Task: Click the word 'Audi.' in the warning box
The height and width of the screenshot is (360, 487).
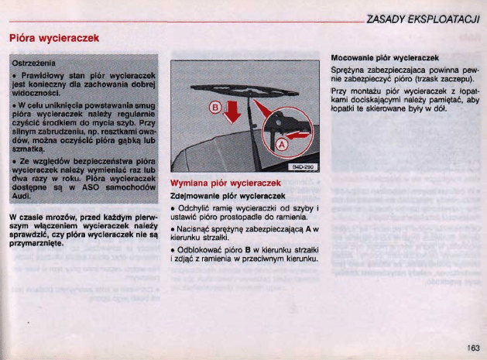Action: pos(22,197)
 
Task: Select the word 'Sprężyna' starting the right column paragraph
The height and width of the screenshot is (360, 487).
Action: pos(349,70)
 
